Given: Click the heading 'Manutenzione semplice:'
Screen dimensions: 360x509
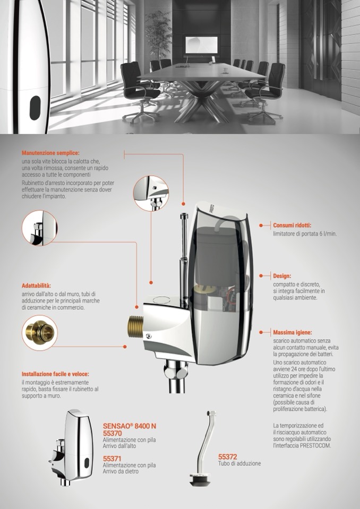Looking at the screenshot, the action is pos(50,153).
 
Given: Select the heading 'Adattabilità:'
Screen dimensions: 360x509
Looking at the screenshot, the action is pos(36,286).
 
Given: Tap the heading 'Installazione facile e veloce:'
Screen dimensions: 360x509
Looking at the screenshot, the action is pos(55,374).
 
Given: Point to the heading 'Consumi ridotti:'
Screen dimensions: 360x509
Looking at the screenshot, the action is pos(292,225).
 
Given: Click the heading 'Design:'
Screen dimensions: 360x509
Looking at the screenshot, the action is pos(282,276).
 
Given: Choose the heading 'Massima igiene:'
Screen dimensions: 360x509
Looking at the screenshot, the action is pos(293,333).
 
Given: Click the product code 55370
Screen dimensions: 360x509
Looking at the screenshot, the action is pos(113,433).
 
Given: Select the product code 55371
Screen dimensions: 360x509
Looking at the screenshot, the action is pos(112,459).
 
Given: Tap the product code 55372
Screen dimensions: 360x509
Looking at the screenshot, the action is pos(228,457).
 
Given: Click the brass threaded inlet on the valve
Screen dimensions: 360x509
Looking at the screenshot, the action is pos(135,325).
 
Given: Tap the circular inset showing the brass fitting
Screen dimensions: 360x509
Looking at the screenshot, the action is pos(40,333).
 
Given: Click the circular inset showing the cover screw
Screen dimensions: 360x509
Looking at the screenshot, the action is pos(151,194).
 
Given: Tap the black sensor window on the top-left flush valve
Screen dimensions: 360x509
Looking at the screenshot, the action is pos(35,108).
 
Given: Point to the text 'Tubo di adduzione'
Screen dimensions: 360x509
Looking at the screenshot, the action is pos(239,463).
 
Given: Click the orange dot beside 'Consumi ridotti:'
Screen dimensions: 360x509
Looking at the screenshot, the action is pos(261,225).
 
